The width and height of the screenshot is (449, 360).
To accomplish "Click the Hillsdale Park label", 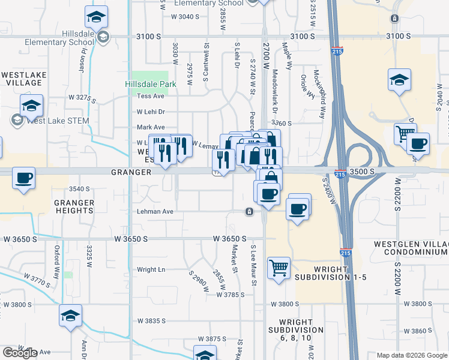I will pyautogui.click(x=151, y=84).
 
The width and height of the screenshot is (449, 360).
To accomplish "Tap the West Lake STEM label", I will pyautogui.click(x=58, y=121).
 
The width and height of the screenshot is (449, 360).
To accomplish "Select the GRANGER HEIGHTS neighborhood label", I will pyautogui.click(x=74, y=206).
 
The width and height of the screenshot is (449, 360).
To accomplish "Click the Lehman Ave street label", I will pyautogui.click(x=155, y=211).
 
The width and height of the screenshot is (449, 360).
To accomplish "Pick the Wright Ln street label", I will pyautogui.click(x=151, y=269).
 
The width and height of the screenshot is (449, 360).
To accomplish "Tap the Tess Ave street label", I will pyautogui.click(x=151, y=96).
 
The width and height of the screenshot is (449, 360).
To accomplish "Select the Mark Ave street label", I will pyautogui.click(x=151, y=127).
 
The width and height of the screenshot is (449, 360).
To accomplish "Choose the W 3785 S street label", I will pyautogui.click(x=231, y=295).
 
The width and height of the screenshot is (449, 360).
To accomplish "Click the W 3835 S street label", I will pyautogui.click(x=151, y=321).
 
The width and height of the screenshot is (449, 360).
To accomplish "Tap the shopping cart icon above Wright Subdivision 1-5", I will pyautogui.click(x=279, y=268).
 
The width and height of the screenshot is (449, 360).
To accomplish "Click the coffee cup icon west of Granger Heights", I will pyautogui.click(x=24, y=178).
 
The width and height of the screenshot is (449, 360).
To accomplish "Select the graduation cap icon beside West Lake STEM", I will pyautogui.click(x=31, y=106).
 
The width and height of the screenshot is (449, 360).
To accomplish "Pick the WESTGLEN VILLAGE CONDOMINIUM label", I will pyautogui.click(x=411, y=248).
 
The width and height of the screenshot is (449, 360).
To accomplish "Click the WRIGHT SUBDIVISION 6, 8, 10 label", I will pyautogui.click(x=295, y=329).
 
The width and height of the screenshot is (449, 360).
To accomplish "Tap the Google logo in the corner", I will pyautogui.click(x=20, y=353).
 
